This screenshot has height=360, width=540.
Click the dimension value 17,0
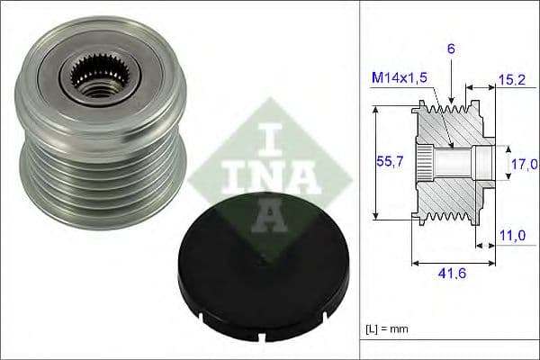point(523,164)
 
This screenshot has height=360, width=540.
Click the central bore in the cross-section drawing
point(459,164)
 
